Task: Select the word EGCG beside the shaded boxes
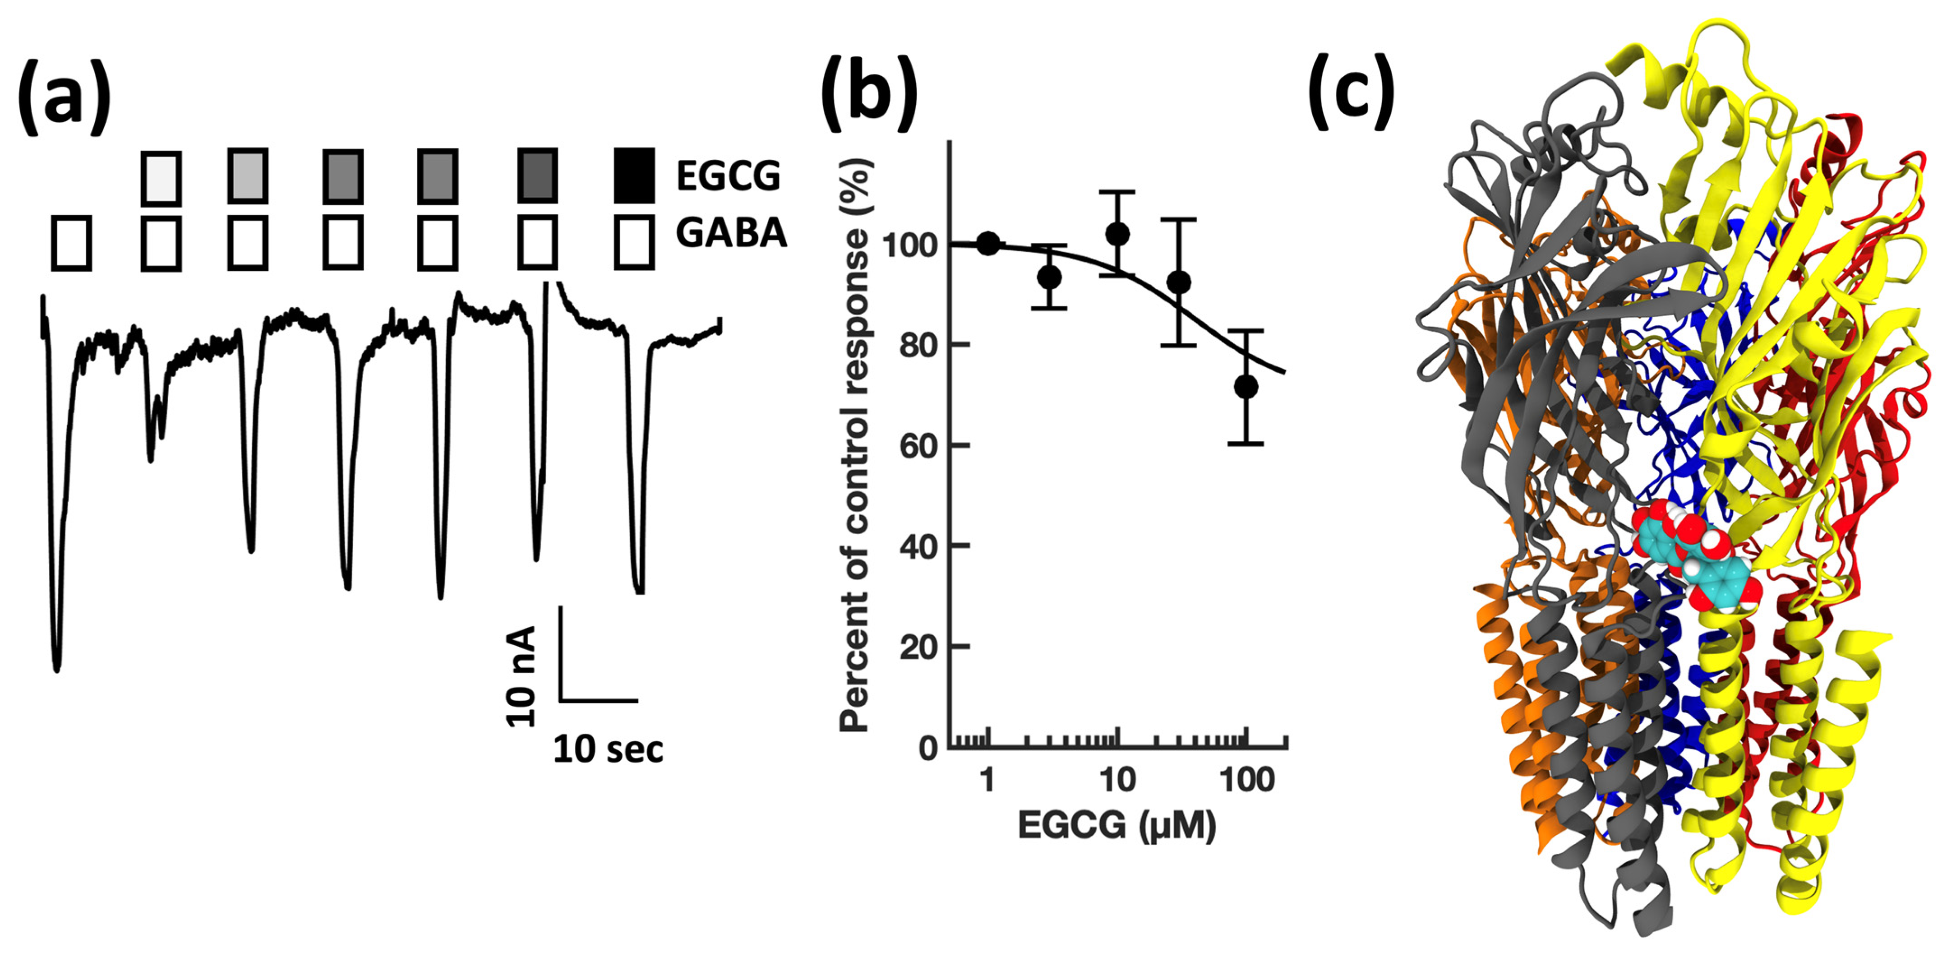728,176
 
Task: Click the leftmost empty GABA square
72,243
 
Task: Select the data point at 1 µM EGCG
988,244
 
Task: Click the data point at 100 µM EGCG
1246,386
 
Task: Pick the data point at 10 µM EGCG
1117,234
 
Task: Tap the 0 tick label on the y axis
928,748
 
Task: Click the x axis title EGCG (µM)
1117,825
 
